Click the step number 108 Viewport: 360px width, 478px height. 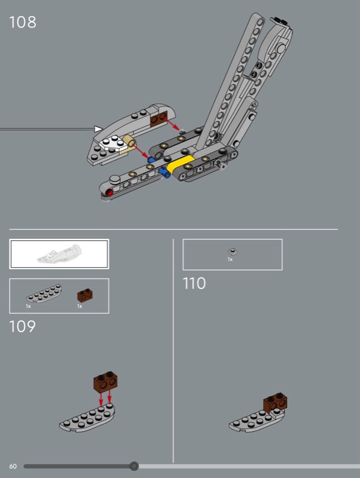pos(23,22)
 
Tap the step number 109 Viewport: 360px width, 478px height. pos(22,326)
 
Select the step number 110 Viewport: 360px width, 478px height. pos(194,283)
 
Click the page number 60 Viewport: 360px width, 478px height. pos(13,466)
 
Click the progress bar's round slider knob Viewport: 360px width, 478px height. pos(134,466)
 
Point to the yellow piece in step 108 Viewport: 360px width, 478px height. pos(181,164)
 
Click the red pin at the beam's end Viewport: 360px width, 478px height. pos(109,192)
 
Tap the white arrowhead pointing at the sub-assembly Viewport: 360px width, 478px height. pos(98,129)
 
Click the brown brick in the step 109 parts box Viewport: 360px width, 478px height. pos(85,295)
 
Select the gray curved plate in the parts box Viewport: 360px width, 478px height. pos(44,293)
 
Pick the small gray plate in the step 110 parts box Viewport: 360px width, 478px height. pos(233,252)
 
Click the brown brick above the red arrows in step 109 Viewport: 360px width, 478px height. pos(105,381)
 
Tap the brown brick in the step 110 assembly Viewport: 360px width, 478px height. pos(275,402)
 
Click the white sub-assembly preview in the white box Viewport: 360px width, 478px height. pos(59,255)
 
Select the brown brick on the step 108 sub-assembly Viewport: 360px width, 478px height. pos(158,118)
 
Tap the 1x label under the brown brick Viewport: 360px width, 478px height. pos(80,306)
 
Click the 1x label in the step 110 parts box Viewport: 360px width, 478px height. pos(230,259)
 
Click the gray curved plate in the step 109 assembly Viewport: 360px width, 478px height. pos(87,418)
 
